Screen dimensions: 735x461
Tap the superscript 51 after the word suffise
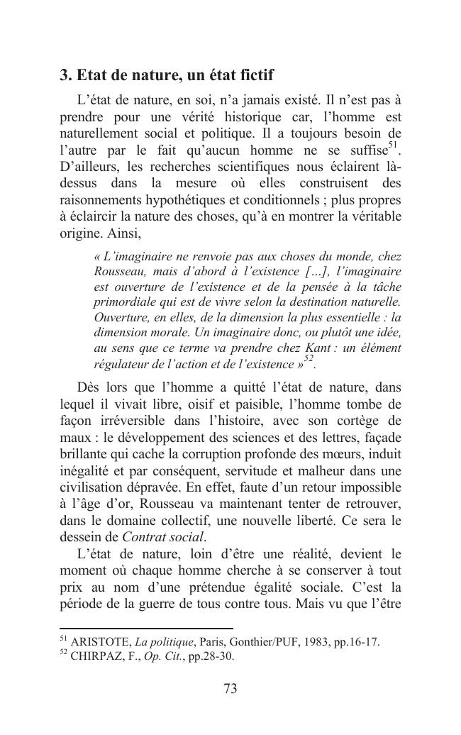395,147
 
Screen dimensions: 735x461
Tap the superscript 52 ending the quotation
309,360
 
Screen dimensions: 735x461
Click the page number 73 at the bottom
230,688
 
